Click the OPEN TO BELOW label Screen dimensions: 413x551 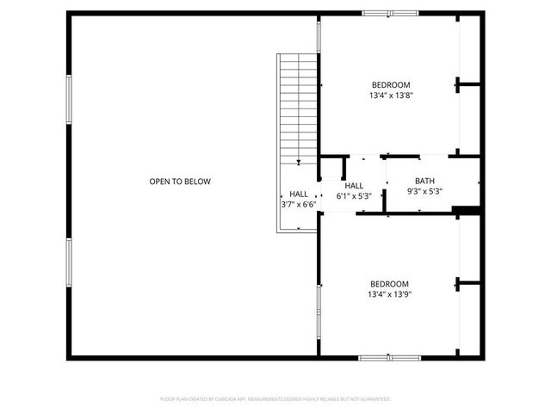pos(180,182)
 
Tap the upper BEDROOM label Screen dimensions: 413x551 pos(390,84)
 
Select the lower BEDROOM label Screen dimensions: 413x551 pos(390,284)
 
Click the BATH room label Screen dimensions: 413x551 pos(424,181)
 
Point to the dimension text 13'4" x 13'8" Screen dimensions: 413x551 pos(390,96)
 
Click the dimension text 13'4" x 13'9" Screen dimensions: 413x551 pos(390,295)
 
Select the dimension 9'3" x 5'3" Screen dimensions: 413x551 pos(424,192)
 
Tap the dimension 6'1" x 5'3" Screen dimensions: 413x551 pos(354,196)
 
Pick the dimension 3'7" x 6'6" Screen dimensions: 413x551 pos(299,205)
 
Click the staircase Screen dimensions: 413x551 pos(298,108)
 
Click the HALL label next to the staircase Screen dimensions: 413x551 pos(299,194)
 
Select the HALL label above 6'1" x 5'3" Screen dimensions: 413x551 pos(354,186)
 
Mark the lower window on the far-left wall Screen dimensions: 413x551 pos(68,266)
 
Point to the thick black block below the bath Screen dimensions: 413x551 pos(466,210)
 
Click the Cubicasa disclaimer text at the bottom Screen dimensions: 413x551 pos(275,399)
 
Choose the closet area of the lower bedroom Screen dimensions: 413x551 pos(468,284)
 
